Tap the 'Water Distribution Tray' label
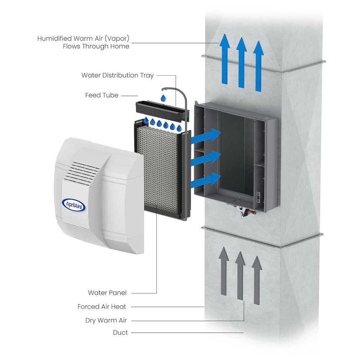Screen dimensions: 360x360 pos(117,75)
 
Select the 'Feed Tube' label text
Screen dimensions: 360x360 pos(102,95)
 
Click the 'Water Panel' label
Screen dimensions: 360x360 pos(107,293)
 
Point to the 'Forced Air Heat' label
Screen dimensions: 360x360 pos(102,307)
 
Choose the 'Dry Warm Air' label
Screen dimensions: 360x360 pos(106,320)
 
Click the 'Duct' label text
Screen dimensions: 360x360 pos(120,333)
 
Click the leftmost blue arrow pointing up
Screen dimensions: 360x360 pos(225,59)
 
